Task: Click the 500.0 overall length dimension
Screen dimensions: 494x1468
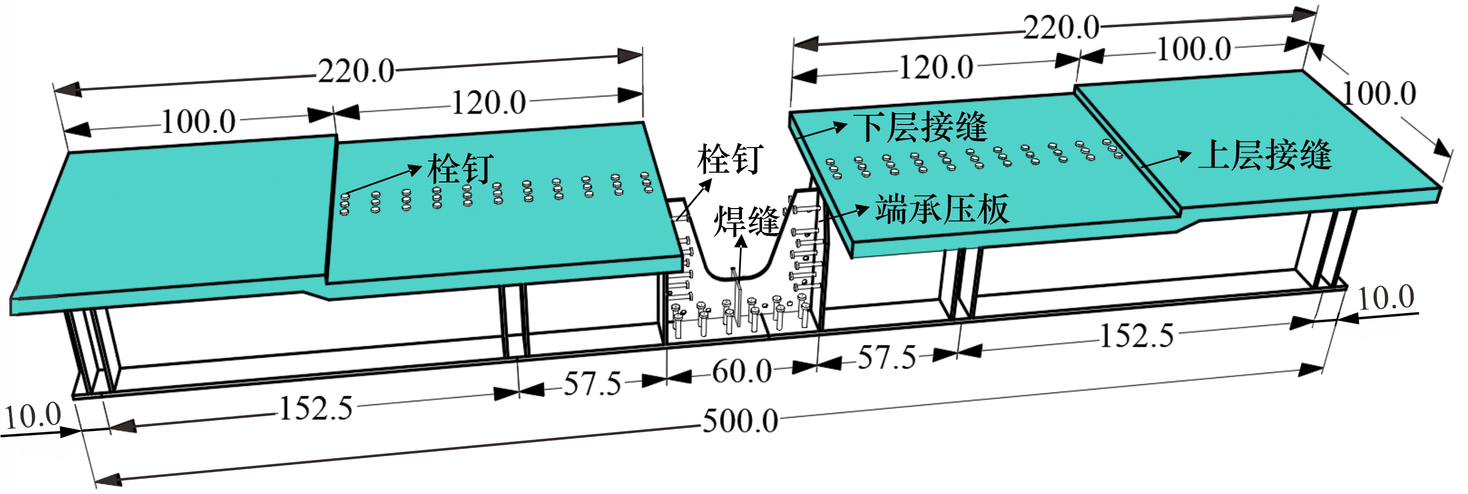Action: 740,422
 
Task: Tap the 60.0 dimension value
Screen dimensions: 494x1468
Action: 742,372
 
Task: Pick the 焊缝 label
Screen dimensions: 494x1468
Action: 747,221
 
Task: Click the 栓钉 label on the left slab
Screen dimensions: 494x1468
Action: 460,168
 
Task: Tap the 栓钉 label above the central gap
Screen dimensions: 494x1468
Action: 731,159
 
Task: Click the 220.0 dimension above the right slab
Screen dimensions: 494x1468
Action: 1061,27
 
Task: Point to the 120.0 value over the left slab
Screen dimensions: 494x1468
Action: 488,103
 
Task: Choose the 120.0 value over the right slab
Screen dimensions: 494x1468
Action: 936,67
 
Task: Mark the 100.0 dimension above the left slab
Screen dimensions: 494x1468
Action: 198,122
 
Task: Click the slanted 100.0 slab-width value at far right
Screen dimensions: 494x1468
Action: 1379,93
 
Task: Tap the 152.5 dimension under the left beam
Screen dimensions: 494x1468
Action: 316,408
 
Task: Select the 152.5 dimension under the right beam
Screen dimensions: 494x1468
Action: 1136,336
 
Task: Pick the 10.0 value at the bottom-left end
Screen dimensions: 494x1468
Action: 33,416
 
